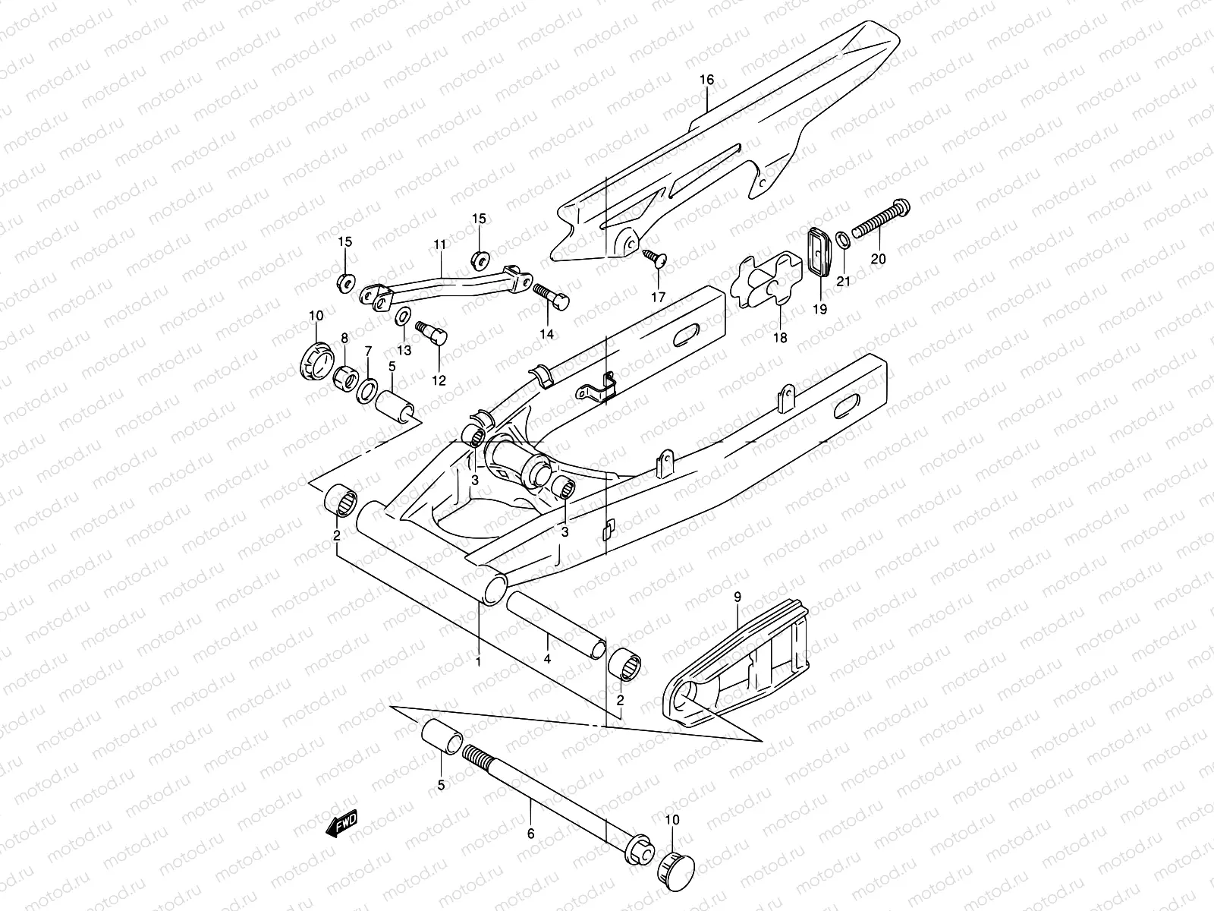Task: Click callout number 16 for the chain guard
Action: point(706,80)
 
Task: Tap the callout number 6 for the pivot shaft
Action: point(530,834)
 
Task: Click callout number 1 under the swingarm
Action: point(478,662)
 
